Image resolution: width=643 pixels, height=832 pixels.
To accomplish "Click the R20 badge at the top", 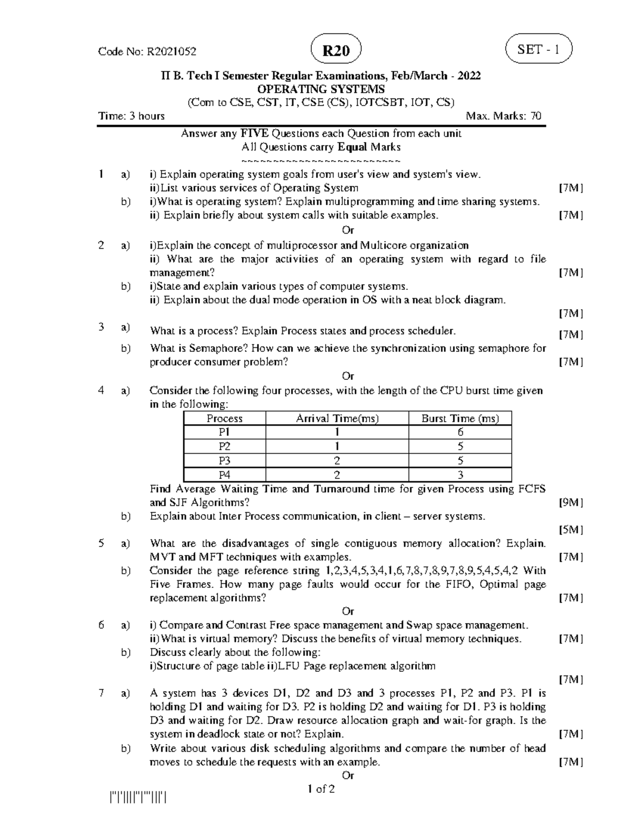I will click(x=336, y=51).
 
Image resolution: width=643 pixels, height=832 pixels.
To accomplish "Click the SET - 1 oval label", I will click(x=539, y=49).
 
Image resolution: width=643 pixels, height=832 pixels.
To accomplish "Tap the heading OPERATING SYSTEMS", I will click(x=321, y=89).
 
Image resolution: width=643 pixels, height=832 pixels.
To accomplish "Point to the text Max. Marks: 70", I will click(x=503, y=116).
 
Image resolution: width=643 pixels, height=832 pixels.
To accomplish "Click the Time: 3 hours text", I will click(x=131, y=116).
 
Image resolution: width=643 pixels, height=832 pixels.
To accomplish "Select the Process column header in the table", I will click(x=225, y=419).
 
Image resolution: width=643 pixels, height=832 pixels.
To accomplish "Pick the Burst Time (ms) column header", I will click(x=460, y=419).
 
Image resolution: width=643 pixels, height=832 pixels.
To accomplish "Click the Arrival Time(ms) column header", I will click(x=337, y=419).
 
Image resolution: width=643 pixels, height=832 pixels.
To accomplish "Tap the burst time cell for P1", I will click(x=460, y=433).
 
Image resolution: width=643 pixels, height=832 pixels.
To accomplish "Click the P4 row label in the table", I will click(x=225, y=475).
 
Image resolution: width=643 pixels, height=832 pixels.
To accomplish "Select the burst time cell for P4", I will click(x=460, y=475).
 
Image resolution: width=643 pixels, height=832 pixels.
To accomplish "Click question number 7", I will click(x=101, y=693).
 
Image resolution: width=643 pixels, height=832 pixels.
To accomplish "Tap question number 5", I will click(x=101, y=543).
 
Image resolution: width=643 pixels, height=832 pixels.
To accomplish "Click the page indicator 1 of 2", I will click(x=321, y=789).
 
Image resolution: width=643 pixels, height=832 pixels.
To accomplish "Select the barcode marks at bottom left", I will click(x=138, y=799).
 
